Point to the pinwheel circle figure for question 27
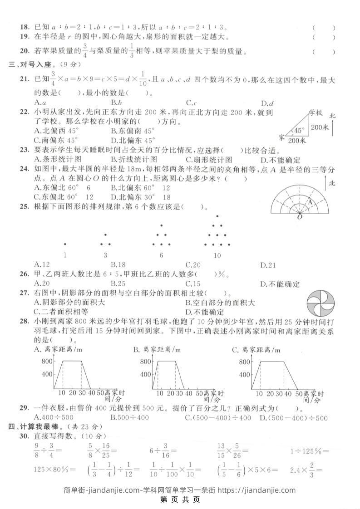[x=320, y=303]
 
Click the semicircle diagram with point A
[x=299, y=200]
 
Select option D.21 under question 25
[x=268, y=265]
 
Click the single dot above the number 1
[x=65, y=244]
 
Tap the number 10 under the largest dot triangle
[x=217, y=255]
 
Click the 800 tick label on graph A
[x=47, y=362]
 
